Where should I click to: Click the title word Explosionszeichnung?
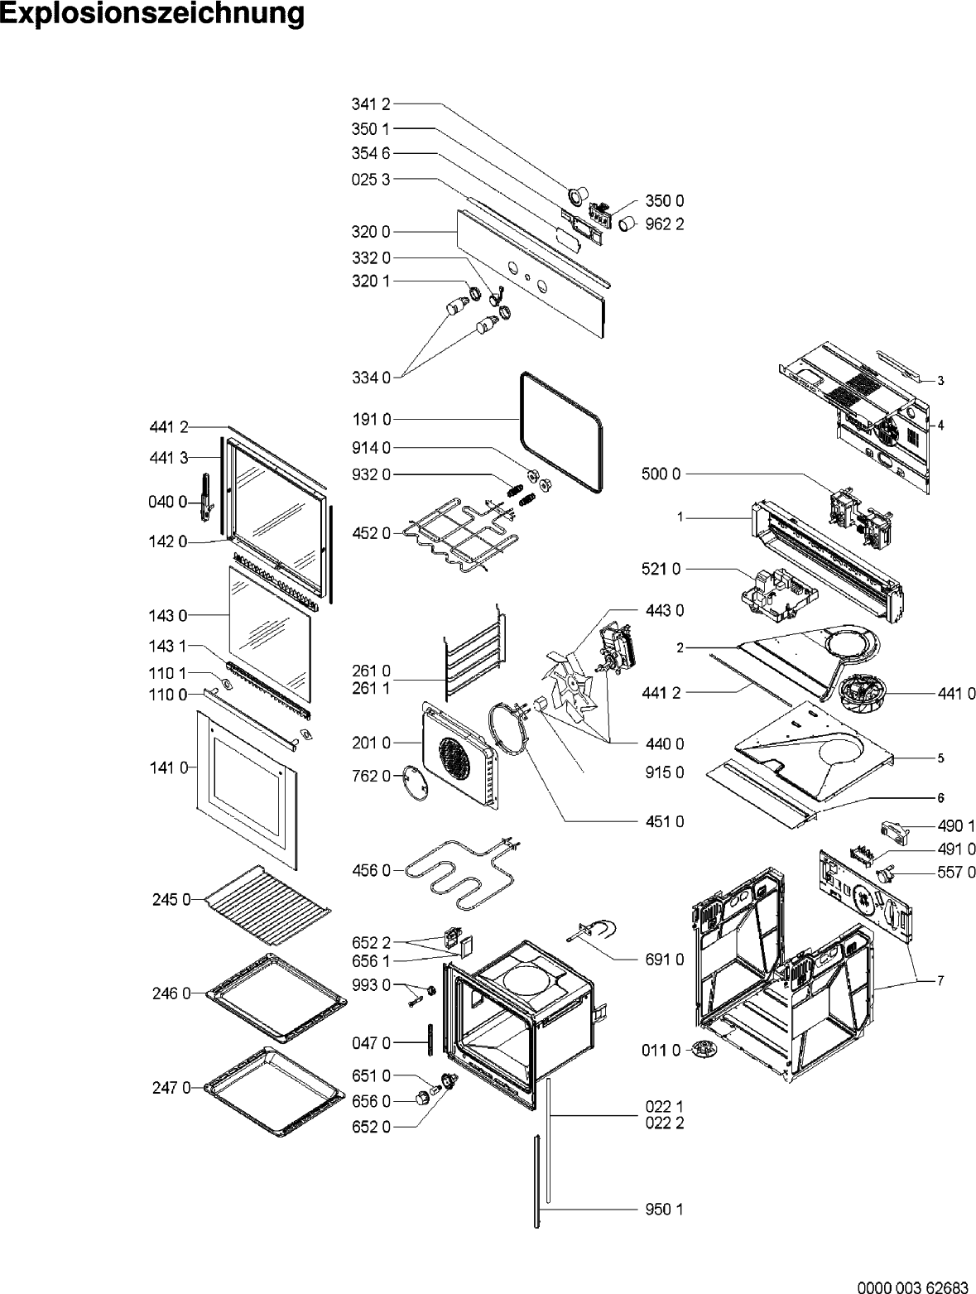pyautogui.click(x=152, y=14)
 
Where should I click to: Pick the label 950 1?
pyautogui.click(x=663, y=1210)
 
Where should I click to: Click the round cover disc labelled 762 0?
pyautogui.click(x=416, y=781)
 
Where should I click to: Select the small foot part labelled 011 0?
pyautogui.click(x=704, y=1049)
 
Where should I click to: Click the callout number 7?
pyautogui.click(x=940, y=981)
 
